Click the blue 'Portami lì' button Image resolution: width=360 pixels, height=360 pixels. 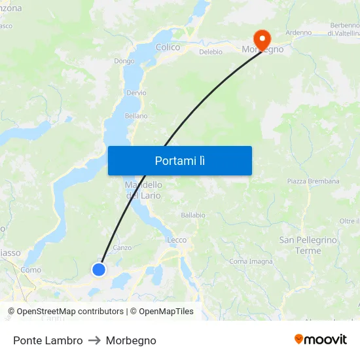180,160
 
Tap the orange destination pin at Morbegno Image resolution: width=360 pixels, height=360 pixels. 262,37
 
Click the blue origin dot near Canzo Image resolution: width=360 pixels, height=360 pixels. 99,269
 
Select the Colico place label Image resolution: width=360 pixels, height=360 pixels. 168,47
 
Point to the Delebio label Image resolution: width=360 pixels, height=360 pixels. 211,52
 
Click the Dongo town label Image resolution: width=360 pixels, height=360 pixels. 124,61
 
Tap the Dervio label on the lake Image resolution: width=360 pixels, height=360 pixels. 136,93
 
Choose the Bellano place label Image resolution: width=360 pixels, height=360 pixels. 136,116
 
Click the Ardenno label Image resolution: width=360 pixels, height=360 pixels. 298,33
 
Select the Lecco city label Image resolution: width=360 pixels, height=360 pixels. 177,240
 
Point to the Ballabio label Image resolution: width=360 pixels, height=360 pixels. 193,215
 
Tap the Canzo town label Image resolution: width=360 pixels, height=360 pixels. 122,247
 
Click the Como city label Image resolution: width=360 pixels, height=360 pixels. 31,270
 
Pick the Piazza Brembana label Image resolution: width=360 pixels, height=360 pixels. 313,181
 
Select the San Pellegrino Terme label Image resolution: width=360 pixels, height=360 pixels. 308,245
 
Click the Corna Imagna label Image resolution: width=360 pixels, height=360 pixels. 251,261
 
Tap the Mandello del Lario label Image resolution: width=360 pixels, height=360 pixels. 143,190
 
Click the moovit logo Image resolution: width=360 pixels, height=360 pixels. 321,339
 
